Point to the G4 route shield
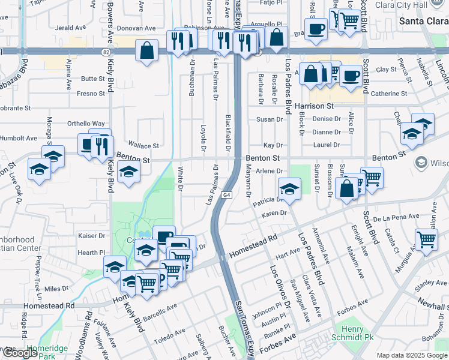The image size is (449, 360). pos(226,195)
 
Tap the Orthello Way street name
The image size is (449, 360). pos(86,124)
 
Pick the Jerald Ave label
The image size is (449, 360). pos(70,28)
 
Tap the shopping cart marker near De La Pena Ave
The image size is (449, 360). pos(426,239)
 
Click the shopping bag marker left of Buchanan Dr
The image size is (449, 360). pos(147,51)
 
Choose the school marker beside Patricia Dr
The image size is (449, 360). pos(289,188)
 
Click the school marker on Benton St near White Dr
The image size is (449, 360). pos(128,172)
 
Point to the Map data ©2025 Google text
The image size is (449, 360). pos(411,355)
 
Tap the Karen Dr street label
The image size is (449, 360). pos(274,213)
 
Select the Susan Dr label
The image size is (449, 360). pos(266,119)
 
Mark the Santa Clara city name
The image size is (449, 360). pos(424,21)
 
